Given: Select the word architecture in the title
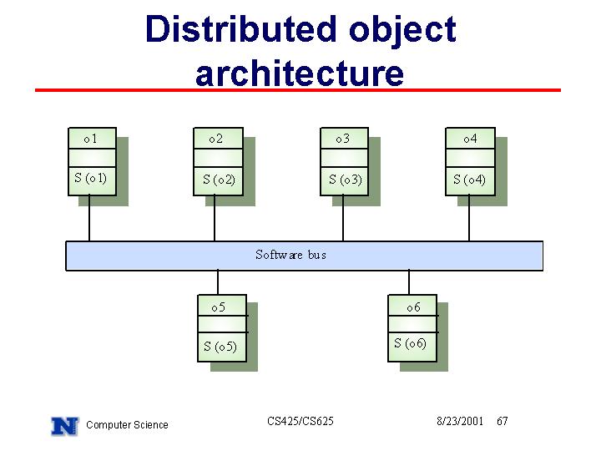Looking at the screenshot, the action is click(x=300, y=73).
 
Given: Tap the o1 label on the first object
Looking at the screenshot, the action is click(x=90, y=139).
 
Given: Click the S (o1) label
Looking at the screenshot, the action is click(x=90, y=178).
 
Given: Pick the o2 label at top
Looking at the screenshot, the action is click(x=216, y=139).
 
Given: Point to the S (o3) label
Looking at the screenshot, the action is click(x=346, y=180).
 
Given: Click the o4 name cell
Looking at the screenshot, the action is click(x=470, y=139).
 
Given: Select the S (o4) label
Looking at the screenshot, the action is click(x=469, y=180).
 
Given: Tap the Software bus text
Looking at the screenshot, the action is click(x=291, y=255).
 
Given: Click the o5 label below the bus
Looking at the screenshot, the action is click(x=218, y=307).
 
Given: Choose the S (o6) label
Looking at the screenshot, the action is click(x=410, y=343).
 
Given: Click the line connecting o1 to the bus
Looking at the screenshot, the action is click(x=89, y=218).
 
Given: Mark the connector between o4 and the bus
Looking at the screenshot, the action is click(x=469, y=218).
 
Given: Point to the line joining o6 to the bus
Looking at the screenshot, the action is click(x=409, y=282).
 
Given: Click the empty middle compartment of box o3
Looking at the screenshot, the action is click(x=344, y=158).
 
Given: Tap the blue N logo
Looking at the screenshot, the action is click(x=65, y=426).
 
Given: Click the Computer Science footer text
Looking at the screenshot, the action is click(x=127, y=425).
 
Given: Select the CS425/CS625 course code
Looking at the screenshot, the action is click(x=300, y=421).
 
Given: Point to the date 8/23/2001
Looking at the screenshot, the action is click(x=460, y=421).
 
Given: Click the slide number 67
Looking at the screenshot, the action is click(x=503, y=421).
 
